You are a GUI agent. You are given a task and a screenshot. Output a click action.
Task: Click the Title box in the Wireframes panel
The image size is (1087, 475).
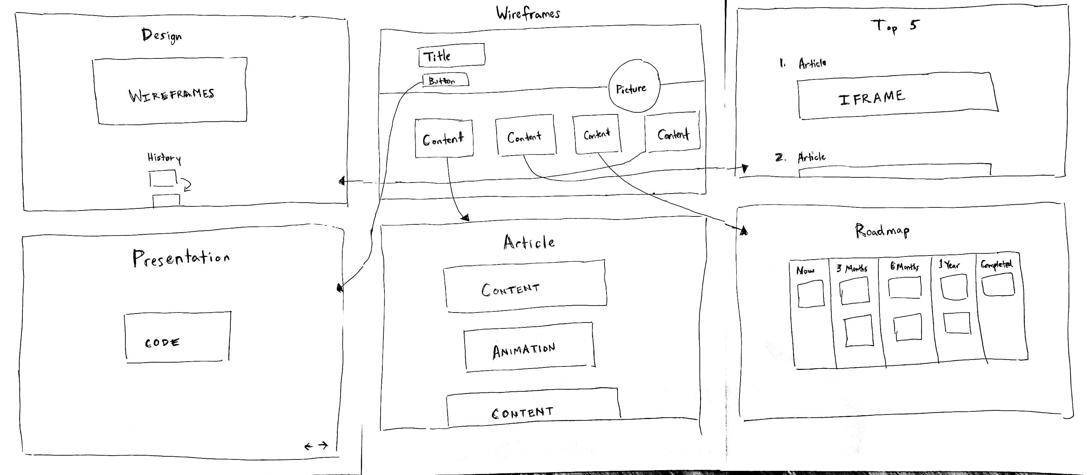pyautogui.click(x=451, y=55)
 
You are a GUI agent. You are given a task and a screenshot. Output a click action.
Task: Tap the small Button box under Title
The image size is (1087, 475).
pyautogui.click(x=445, y=80)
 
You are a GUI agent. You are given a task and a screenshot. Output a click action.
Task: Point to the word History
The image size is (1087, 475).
pyautogui.click(x=164, y=158)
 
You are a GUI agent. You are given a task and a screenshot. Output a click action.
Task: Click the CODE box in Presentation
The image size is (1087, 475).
pyautogui.click(x=177, y=337)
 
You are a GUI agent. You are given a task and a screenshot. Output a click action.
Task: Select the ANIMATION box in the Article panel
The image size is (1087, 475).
pyautogui.click(x=528, y=347)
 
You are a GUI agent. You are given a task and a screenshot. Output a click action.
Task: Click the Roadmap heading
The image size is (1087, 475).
pyautogui.click(x=882, y=231)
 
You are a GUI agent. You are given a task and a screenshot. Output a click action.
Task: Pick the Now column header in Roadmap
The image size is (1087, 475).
pyautogui.click(x=805, y=271)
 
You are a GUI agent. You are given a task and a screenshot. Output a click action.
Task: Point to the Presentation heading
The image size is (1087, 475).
pyautogui.click(x=181, y=257)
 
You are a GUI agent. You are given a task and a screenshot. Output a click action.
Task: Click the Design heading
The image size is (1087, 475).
pyautogui.click(x=162, y=35)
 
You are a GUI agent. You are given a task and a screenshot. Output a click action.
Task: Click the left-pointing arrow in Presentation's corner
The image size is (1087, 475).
pyautogui.click(x=308, y=446)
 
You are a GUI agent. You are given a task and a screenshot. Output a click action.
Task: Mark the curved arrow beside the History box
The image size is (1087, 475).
pyautogui.click(x=186, y=184)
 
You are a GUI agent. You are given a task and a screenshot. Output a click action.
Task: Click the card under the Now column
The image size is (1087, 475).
pyautogui.click(x=810, y=294)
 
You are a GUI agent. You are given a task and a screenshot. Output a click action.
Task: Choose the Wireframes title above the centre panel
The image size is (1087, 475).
pyautogui.click(x=528, y=13)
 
